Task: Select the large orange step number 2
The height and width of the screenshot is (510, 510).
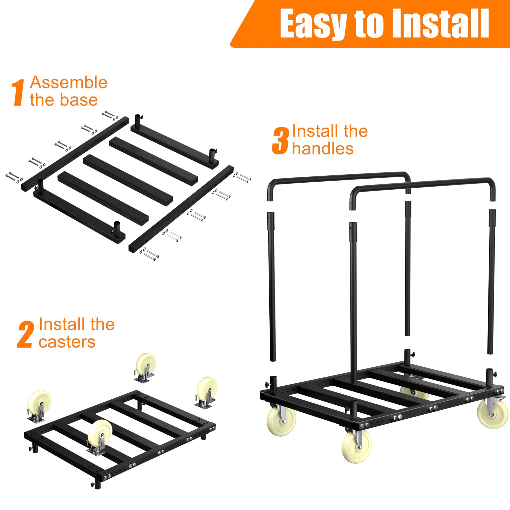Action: click(25, 334)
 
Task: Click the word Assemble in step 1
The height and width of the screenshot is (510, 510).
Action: click(69, 83)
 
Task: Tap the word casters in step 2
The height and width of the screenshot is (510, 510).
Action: click(67, 342)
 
